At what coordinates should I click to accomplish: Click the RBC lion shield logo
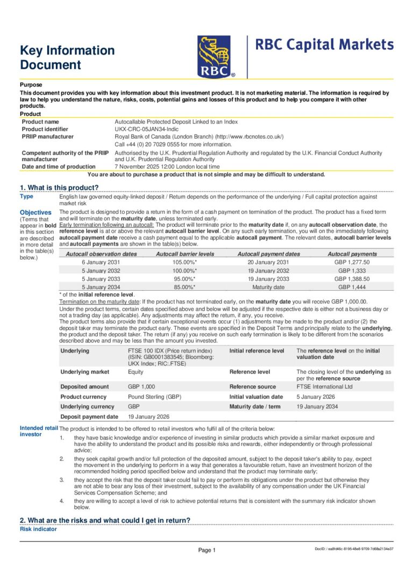tap(216, 57)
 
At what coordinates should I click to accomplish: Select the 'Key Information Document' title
tap(67, 57)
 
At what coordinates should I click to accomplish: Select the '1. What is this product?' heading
tap(59, 187)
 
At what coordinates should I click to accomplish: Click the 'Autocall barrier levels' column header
tap(184, 254)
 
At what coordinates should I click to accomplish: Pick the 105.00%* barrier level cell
tap(184, 262)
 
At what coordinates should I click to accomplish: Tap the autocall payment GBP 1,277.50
tap(352, 262)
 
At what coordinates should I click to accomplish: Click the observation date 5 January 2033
tap(101, 279)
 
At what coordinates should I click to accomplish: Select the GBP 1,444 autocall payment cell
tap(352, 287)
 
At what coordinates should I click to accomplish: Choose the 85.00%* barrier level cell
tap(184, 287)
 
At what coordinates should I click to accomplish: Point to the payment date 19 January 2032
tap(268, 270)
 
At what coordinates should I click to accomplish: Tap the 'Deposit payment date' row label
tap(89, 416)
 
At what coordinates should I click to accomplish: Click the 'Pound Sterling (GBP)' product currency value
tap(155, 396)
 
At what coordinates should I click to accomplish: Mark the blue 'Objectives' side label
tap(35, 212)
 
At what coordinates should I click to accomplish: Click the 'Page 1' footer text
tap(206, 550)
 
